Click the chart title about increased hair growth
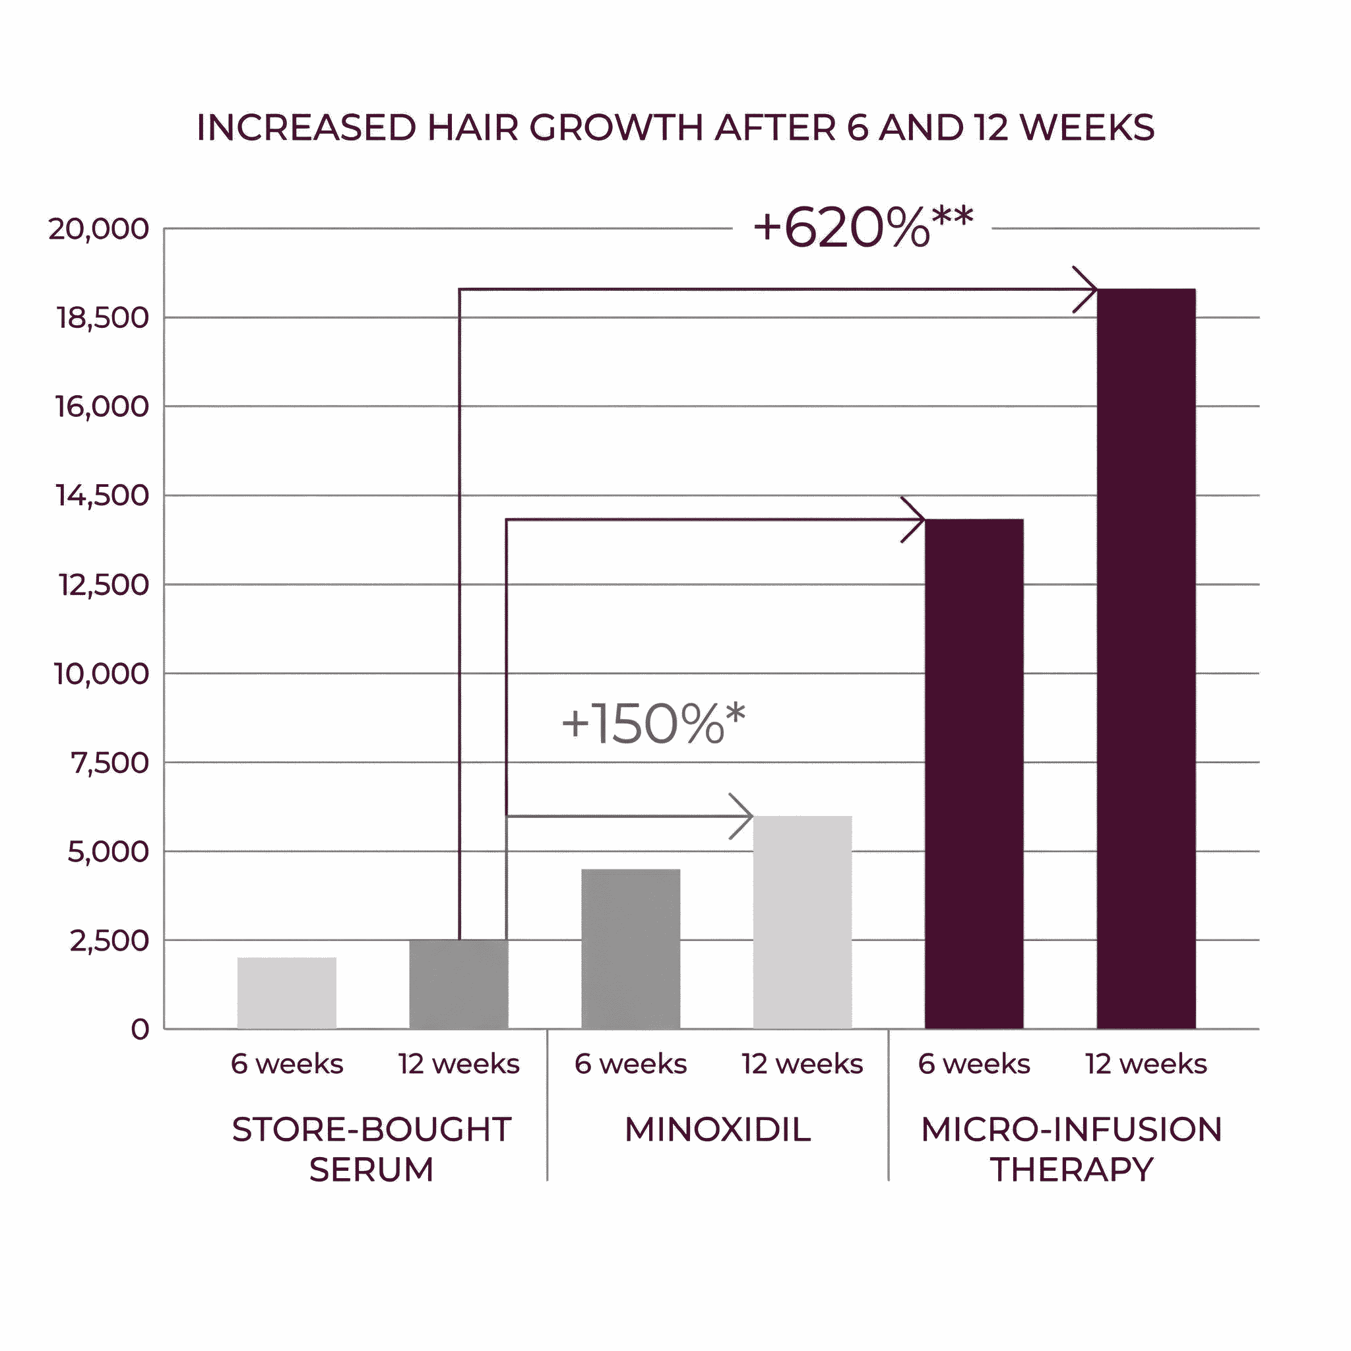[x=675, y=128]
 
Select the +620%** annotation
[x=862, y=228]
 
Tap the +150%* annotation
[x=653, y=723]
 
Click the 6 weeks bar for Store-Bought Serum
[x=287, y=993]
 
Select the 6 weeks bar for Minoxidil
[x=630, y=949]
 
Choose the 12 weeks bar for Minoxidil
[x=802, y=922]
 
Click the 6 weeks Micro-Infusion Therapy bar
[x=974, y=773]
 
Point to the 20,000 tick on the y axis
[x=98, y=229]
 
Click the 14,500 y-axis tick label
[x=102, y=496]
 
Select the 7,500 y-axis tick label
[x=110, y=763]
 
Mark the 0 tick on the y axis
[x=140, y=1029]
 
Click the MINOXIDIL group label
[x=718, y=1129]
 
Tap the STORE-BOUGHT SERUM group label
[x=371, y=1149]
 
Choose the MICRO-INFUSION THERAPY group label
[x=1071, y=1149]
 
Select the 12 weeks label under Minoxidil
[x=802, y=1064]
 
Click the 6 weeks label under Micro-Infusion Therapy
[x=974, y=1064]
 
